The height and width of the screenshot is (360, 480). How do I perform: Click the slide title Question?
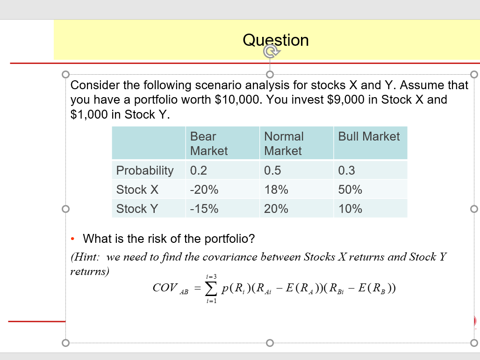coord(276,40)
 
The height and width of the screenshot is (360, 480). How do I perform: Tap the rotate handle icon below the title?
coord(270,51)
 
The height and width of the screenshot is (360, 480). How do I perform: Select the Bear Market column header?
coord(209,143)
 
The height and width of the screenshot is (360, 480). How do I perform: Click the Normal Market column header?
coord(284,143)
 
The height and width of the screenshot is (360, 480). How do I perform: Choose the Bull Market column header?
coord(369,136)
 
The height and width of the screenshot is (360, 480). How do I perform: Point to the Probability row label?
coord(144,170)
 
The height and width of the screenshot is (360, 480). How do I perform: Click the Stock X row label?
coord(137,190)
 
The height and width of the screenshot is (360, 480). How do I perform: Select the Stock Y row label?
coord(137,209)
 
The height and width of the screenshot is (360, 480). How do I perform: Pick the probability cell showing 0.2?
coord(199,170)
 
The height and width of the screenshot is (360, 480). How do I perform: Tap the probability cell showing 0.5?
coord(272,170)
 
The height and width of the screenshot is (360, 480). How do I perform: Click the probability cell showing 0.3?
coord(346,170)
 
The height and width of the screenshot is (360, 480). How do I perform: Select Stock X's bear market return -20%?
coord(204,190)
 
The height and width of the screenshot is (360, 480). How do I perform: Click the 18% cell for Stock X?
coord(276,190)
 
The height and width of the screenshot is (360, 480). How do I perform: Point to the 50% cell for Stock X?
coord(350,190)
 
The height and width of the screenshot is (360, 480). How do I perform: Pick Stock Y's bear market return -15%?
coord(204,209)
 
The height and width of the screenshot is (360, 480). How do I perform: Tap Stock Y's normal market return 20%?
coord(276,209)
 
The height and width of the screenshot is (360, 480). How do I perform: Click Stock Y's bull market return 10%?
coord(350,209)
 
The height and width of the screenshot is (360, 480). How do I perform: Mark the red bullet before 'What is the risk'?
coord(73,239)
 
